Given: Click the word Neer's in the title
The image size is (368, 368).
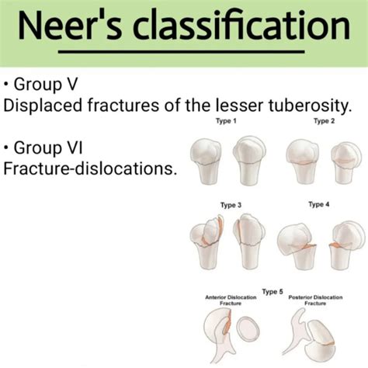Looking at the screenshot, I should coord(71,30).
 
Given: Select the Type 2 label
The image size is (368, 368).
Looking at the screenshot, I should coord(324,122).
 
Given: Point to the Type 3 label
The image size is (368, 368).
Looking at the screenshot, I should coord(230,205).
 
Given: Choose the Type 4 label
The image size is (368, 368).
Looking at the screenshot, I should coord(318,205).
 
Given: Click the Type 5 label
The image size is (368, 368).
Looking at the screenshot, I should coord(273,291).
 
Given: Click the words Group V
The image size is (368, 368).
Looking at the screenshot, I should coord(47,82).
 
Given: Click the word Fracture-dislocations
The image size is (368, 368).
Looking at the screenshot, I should coord(90,167).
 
